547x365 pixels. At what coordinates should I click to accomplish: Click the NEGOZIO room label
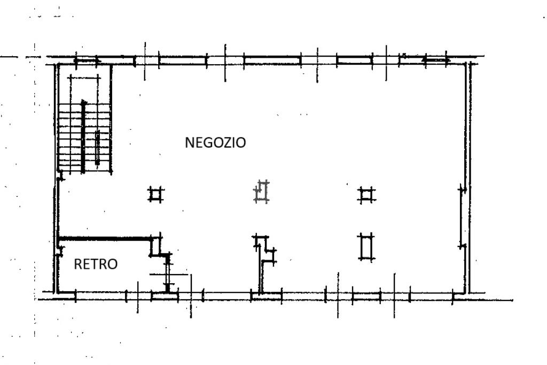pyautogui.click(x=215, y=143)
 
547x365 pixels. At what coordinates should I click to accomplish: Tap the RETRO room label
pyautogui.click(x=96, y=264)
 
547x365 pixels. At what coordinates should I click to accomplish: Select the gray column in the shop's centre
pyautogui.click(x=261, y=192)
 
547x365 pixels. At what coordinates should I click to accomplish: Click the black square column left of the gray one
pyautogui.click(x=155, y=195)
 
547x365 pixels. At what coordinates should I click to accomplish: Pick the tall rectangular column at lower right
pyautogui.click(x=366, y=246)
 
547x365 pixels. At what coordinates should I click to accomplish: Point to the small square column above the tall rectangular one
pyautogui.click(x=366, y=195)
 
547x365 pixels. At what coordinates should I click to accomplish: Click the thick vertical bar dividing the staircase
pyautogui.click(x=83, y=136)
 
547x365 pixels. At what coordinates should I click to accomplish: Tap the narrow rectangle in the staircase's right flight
pyautogui.click(x=97, y=145)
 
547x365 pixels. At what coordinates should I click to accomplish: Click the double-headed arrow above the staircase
pyautogui.click(x=87, y=61)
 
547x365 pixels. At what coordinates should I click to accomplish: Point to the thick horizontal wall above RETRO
pyautogui.click(x=104, y=238)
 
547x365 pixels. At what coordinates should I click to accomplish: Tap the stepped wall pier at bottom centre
pyautogui.click(x=265, y=254)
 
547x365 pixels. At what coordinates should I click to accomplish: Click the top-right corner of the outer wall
pyautogui.click(x=470, y=63)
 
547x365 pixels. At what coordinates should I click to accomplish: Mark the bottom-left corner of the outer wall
pyautogui.click(x=56, y=292)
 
